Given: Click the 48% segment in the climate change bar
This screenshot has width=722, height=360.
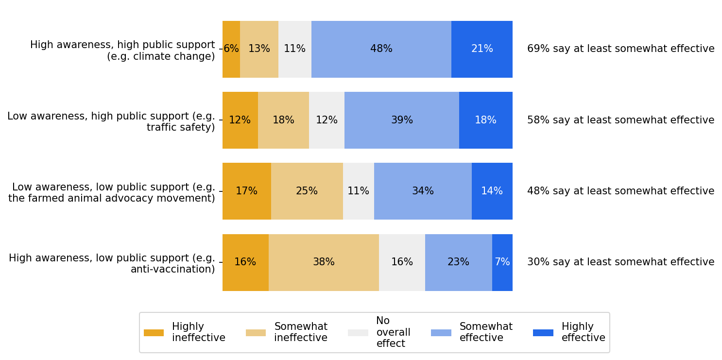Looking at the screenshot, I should click(381, 49).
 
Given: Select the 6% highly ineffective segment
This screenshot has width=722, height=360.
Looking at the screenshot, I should click(231, 49).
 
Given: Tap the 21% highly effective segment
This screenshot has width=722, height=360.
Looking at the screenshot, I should click(481, 49).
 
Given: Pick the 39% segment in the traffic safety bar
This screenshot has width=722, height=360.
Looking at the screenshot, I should click(401, 120).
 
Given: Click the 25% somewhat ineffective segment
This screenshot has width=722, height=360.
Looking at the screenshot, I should click(307, 191).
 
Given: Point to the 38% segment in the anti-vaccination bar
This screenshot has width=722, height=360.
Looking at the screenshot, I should click(324, 262).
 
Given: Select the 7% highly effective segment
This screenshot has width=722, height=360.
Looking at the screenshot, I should click(502, 262).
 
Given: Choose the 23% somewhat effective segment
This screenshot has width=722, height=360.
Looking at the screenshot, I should click(458, 262).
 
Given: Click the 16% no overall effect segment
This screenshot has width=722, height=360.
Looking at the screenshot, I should click(402, 262).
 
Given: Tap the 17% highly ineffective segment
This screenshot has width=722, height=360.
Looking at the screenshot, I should click(246, 191).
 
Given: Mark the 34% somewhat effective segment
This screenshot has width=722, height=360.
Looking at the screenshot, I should click(423, 191).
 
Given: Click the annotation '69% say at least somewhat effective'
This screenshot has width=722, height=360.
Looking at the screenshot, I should click(620, 49).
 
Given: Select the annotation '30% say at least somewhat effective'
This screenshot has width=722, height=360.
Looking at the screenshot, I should click(620, 262).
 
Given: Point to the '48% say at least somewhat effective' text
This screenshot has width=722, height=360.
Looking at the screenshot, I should click(620, 191).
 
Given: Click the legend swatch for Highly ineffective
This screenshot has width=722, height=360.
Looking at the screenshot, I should click(154, 333).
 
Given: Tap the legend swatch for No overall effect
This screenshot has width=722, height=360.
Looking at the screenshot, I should click(358, 333).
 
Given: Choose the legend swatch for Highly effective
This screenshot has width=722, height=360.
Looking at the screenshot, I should click(543, 333).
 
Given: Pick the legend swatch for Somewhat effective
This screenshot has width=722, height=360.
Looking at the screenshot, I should click(441, 333).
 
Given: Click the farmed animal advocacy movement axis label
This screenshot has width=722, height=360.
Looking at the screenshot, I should click(112, 193).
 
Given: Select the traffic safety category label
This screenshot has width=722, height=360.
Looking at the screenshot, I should click(111, 122).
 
